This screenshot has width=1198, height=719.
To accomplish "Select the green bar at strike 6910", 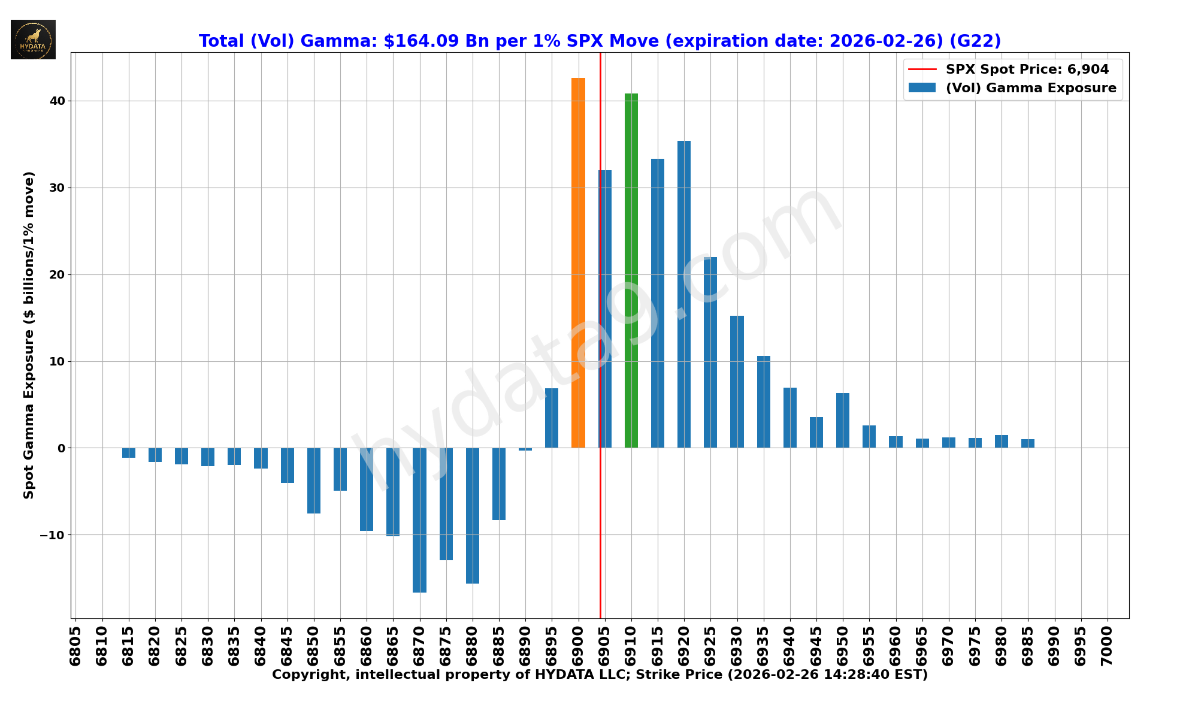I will [x=631, y=270].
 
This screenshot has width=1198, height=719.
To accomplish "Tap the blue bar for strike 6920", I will [x=684, y=294].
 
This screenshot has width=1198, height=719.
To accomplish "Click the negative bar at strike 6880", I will [x=473, y=515].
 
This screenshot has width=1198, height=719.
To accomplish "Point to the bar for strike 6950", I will [x=843, y=420].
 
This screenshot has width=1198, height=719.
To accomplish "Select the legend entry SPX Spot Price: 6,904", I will [x=1027, y=70].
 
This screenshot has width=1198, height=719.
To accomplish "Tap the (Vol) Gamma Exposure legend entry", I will [x=1030, y=88].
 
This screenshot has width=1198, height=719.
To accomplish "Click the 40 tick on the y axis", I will [x=58, y=101].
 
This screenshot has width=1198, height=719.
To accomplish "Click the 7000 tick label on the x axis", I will [x=1108, y=646].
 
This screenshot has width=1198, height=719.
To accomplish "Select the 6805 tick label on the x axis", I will [x=75, y=646].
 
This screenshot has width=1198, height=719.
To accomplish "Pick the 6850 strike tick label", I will [x=314, y=646].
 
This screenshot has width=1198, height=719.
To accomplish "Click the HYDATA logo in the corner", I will [x=33, y=40].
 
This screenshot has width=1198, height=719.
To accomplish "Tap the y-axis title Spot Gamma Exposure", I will [x=29, y=335].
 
